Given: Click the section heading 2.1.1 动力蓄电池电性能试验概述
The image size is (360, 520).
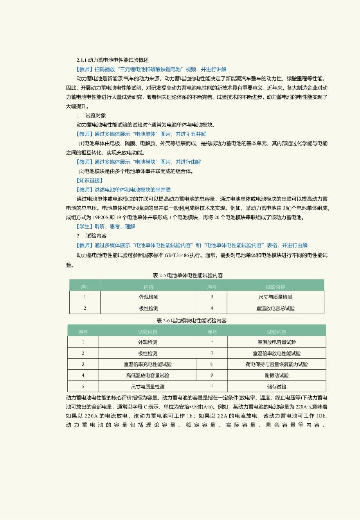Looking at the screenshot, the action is [113, 60].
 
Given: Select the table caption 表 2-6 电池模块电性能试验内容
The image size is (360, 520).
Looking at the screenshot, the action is [191, 320].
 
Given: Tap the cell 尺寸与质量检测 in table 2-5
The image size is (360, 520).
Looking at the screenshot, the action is [275, 297].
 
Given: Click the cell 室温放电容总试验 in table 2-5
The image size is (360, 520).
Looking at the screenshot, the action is [275, 308].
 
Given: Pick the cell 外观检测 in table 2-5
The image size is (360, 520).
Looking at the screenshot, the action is [148, 297].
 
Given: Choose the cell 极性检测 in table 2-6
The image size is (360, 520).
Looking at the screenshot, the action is [148, 353].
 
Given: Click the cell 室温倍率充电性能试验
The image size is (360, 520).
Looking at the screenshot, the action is [148, 364].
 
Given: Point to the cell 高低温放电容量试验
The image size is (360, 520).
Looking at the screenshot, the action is [148, 375].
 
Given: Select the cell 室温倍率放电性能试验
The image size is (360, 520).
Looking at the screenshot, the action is [277, 353].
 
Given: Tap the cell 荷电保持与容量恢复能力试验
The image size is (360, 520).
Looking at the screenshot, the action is [277, 364].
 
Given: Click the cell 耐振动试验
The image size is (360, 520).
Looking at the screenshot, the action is [277, 375].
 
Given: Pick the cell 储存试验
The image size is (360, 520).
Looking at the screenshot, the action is [277, 386].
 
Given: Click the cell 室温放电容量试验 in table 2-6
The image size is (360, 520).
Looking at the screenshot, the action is [277, 342].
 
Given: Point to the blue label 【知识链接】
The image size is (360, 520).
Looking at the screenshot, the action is [90, 181].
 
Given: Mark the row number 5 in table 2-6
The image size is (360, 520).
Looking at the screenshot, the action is [83, 386].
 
